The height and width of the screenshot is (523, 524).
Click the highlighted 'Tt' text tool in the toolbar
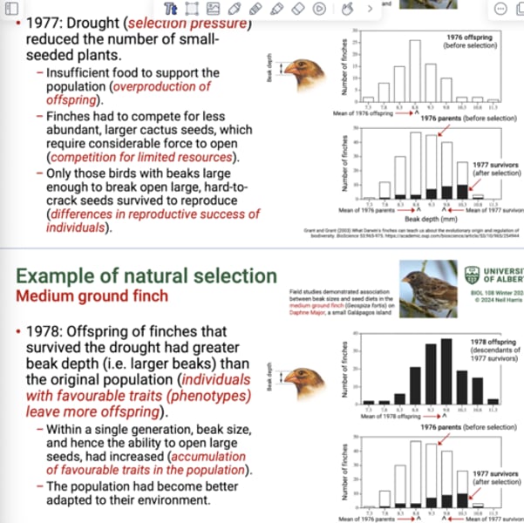click(171, 8)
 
